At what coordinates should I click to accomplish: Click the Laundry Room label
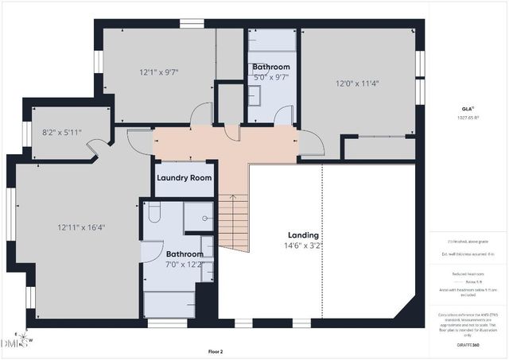pos(184,177)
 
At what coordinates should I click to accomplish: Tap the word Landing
pos(303,235)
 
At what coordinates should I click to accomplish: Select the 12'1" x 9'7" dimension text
pos(159,72)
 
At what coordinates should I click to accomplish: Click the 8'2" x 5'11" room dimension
pos(62,132)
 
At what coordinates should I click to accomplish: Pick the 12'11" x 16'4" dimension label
pos(81,227)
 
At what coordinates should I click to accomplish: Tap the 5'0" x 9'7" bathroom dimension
pos(271,78)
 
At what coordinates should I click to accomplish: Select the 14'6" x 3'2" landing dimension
pos(303,246)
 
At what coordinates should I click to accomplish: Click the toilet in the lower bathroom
pos(155,211)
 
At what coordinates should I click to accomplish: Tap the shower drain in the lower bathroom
pos(205,217)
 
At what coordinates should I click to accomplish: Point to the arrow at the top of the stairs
pos(231,196)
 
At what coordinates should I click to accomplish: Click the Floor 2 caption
pos(216,351)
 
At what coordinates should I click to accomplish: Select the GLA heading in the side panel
pos(468,108)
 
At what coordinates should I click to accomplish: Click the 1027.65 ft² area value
pos(468,118)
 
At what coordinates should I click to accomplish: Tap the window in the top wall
pos(190,23)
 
